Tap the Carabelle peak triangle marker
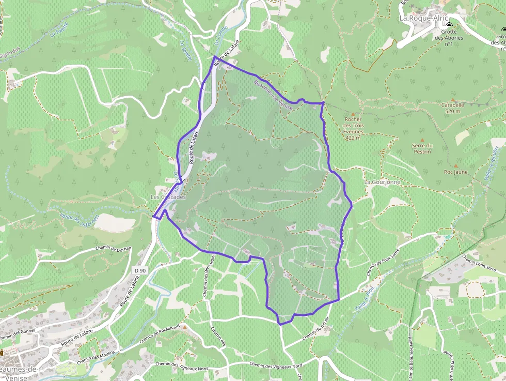(x=453, y=99)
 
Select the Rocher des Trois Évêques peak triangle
(x=353, y=114)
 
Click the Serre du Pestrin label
(x=422, y=148)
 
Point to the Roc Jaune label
(x=455, y=172)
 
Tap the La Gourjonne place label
(x=382, y=182)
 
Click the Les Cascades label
(x=168, y=197)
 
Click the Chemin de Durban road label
(x=114, y=249)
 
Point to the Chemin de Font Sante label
(x=383, y=262)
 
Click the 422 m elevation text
(x=353, y=138)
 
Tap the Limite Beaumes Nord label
(x=411, y=357)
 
